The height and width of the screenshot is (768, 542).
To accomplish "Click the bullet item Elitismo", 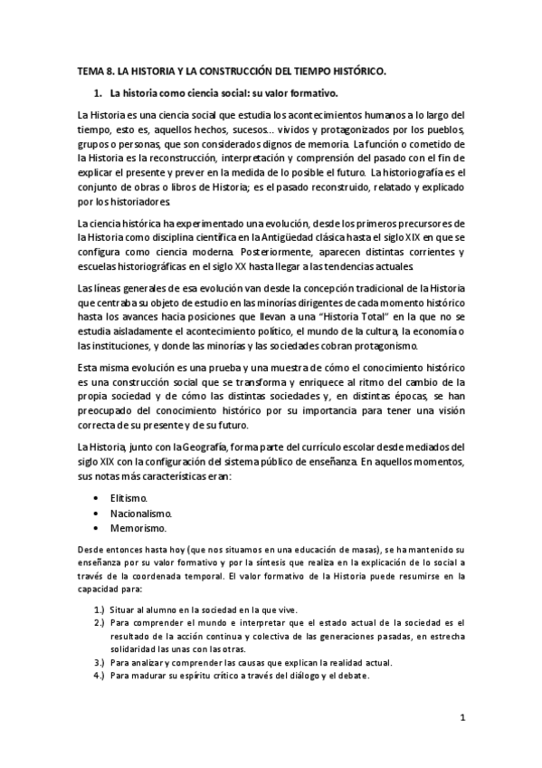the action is point(129,498).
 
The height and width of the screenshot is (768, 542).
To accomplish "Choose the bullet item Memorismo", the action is point(138,528).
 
